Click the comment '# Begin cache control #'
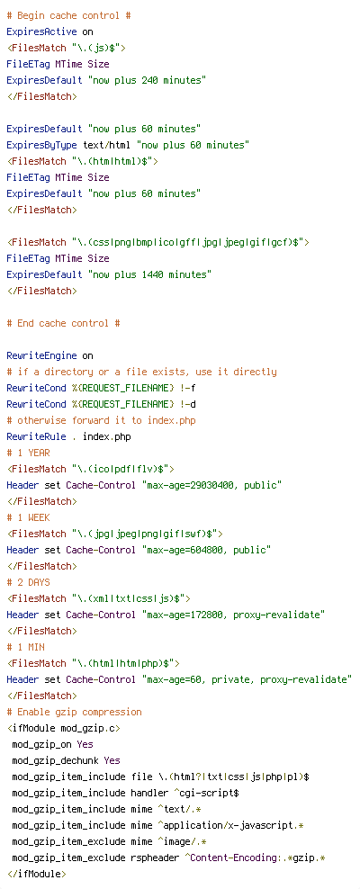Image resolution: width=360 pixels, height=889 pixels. point(68,15)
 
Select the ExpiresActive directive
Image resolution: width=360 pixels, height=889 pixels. point(42,31)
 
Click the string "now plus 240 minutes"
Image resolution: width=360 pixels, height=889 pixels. point(147,80)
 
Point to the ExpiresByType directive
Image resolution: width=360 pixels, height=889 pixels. point(42,145)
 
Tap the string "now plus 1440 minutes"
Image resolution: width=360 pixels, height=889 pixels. point(149,274)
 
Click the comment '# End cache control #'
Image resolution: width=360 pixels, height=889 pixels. point(64,323)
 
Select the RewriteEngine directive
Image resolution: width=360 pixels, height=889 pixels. point(42,355)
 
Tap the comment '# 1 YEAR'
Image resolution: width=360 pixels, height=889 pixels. point(28,453)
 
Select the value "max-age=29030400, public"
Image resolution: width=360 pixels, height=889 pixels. point(211,485)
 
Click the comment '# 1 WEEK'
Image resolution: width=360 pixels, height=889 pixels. point(28,517)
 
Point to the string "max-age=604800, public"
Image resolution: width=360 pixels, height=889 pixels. point(206,550)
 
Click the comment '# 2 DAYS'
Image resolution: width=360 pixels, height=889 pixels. point(28,582)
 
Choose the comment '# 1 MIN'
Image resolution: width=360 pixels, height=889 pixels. point(25,647)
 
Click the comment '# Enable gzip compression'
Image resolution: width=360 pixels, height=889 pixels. point(75,712)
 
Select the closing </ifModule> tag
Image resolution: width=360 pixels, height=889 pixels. point(36,874)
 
